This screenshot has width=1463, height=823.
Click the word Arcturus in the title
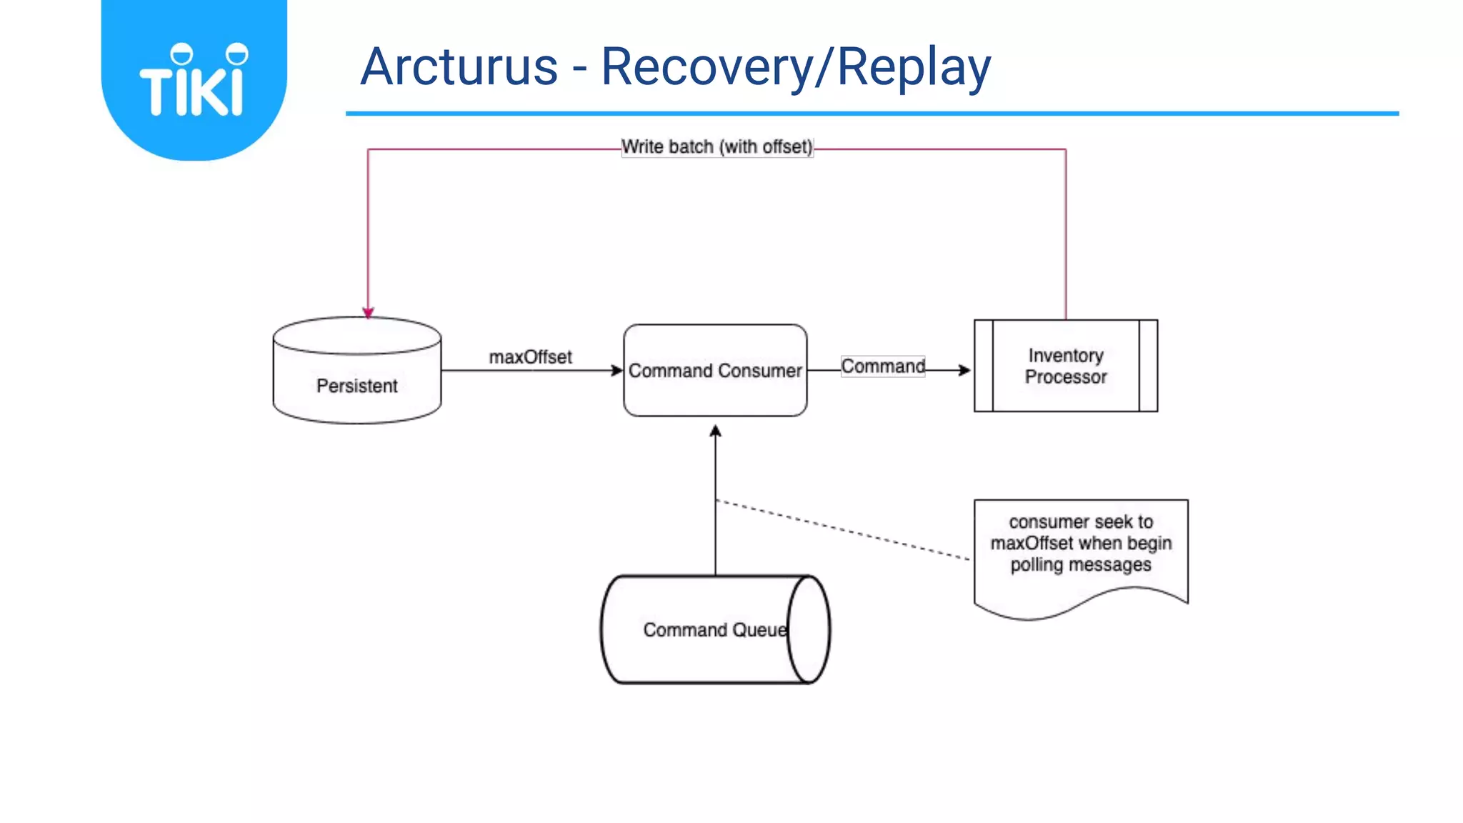(459, 67)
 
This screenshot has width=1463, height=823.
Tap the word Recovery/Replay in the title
(795, 67)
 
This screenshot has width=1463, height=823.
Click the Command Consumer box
(715, 371)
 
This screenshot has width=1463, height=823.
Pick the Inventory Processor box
(1065, 366)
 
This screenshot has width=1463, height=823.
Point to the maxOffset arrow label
(530, 356)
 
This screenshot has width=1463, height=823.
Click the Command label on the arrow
(883, 366)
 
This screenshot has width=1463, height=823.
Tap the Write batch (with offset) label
(716, 147)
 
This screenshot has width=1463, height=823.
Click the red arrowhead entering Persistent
(368, 312)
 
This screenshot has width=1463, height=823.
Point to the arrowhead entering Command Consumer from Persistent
(617, 370)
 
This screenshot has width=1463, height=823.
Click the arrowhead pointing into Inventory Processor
(964, 370)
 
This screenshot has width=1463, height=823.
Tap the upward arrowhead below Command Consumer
(715, 431)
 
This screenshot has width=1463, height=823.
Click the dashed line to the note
(843, 529)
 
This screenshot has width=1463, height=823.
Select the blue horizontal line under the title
(872, 113)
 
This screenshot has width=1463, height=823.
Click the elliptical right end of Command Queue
(809, 629)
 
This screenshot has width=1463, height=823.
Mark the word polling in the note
(1037, 565)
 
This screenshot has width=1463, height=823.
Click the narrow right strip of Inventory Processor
(1148, 366)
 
